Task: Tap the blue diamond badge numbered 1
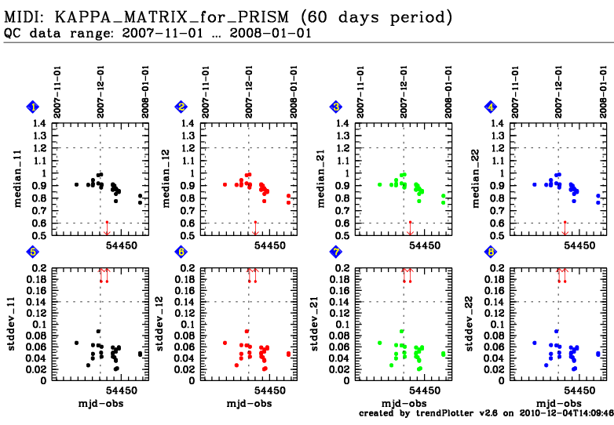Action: [32, 107]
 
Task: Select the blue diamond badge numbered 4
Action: [491, 107]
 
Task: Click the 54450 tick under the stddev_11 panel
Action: [122, 390]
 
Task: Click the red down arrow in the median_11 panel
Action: [107, 228]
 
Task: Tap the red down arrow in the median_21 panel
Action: [409, 228]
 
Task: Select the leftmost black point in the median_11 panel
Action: [77, 184]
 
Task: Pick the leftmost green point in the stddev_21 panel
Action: [379, 343]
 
